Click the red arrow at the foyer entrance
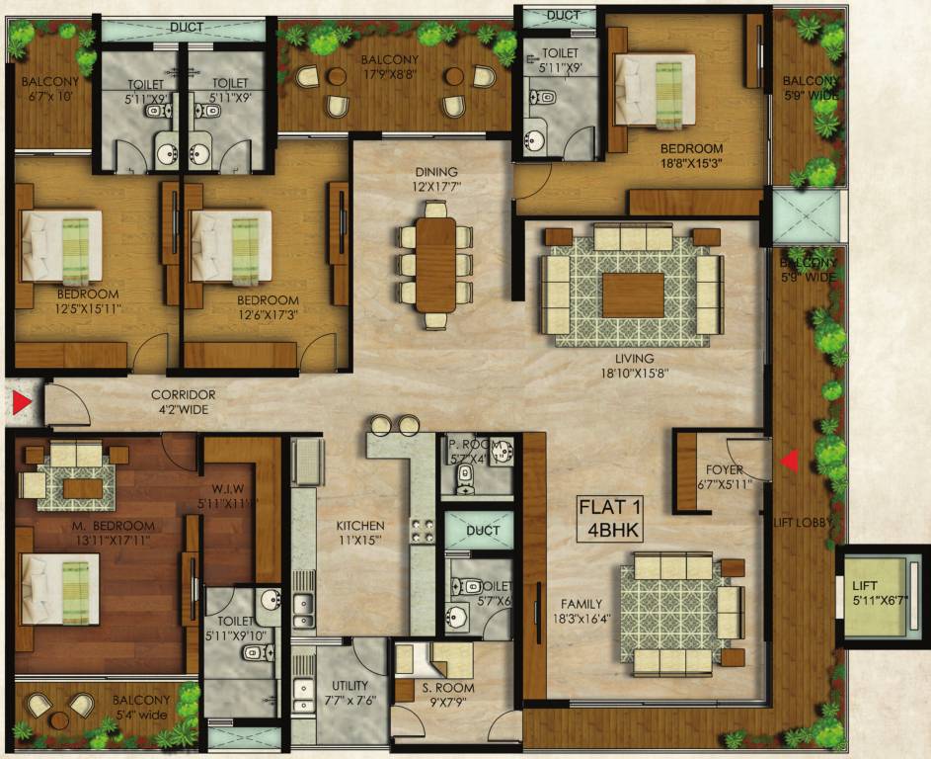[789, 460]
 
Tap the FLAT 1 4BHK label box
[610, 519]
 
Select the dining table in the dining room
[435, 264]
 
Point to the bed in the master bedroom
[60, 588]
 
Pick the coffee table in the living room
[633, 295]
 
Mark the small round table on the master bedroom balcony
[60, 706]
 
